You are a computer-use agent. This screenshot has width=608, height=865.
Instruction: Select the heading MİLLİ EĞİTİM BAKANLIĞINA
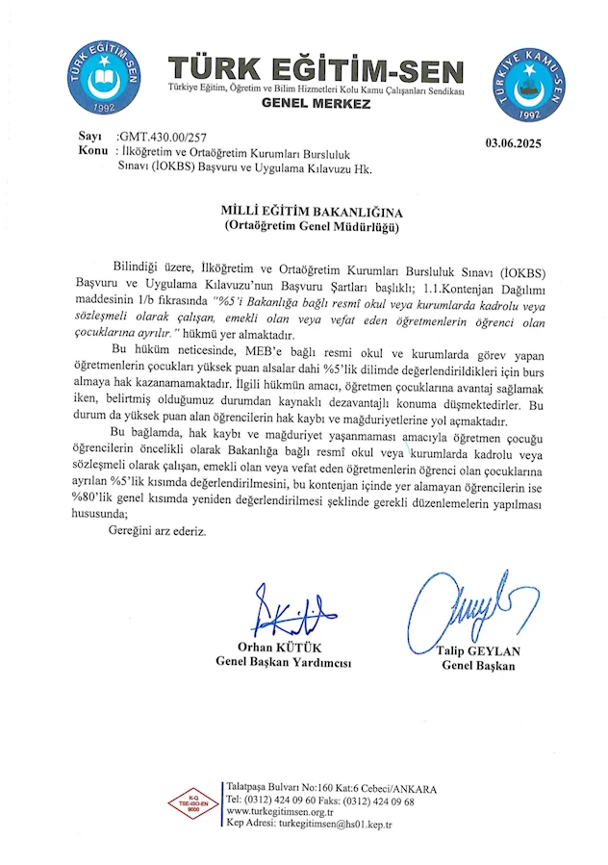click(317, 209)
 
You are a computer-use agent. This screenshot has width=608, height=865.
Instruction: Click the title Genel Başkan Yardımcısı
click(284, 662)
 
